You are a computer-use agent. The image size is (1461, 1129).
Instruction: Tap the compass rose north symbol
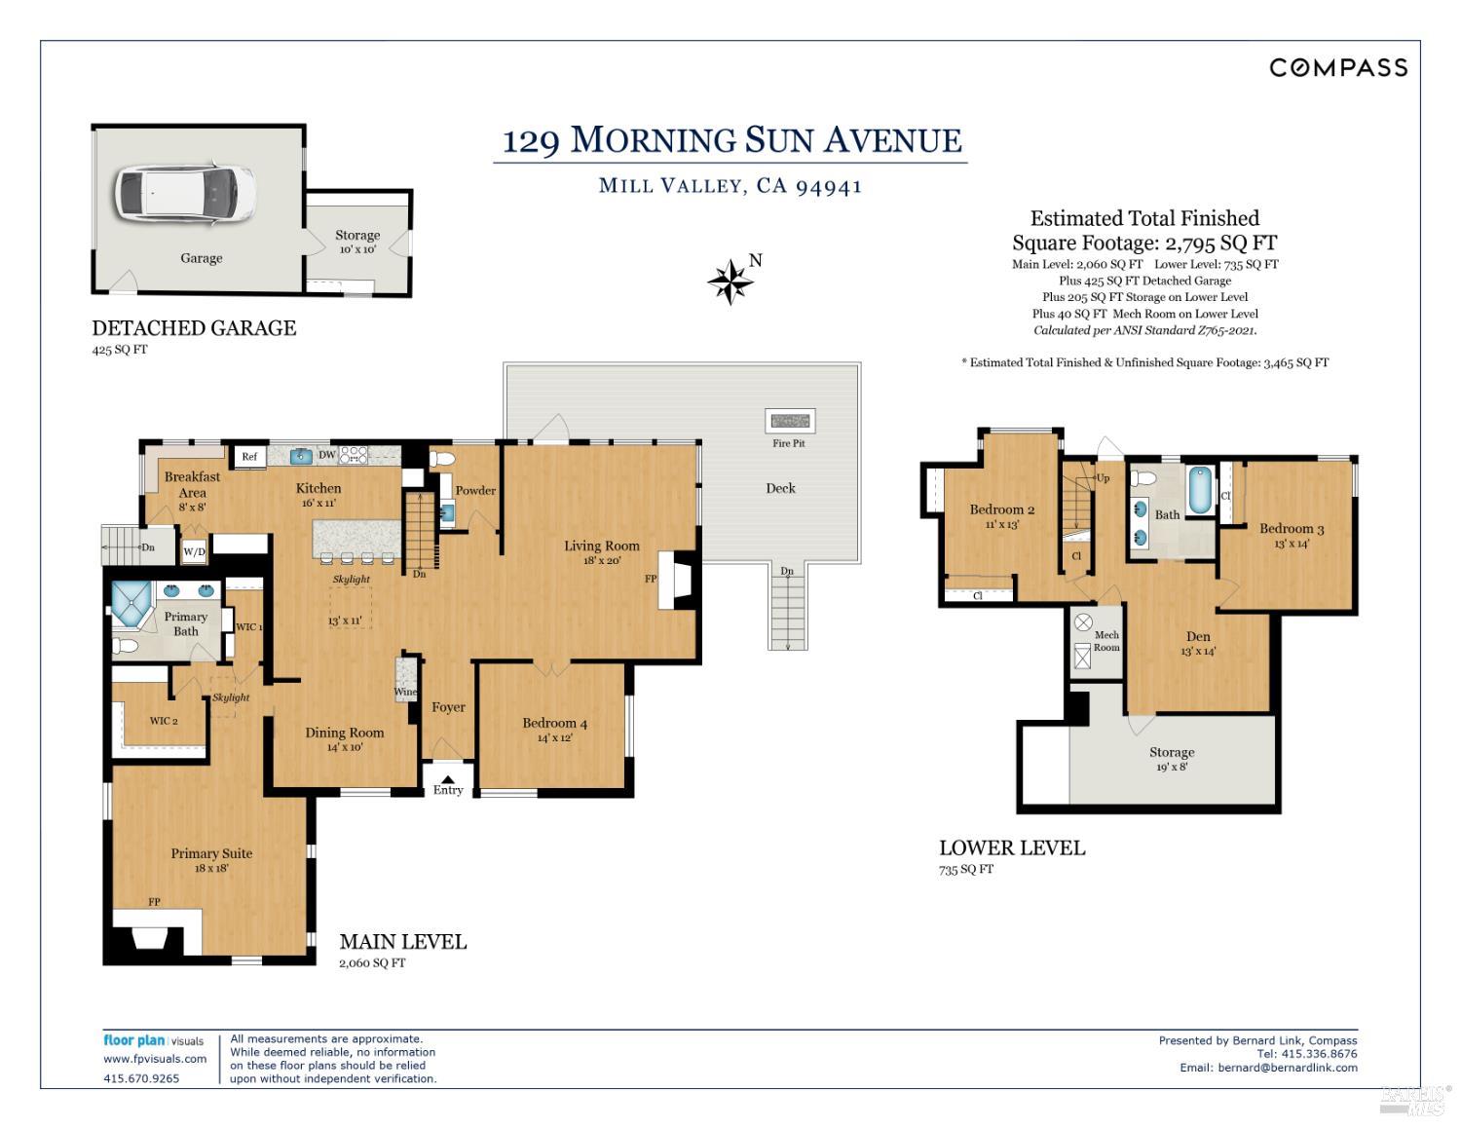tap(730, 282)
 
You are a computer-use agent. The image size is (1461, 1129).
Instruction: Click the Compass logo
tap(1338, 68)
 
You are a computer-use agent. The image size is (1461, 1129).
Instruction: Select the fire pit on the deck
tap(790, 421)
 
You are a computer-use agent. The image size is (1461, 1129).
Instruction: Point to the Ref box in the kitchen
tap(249, 456)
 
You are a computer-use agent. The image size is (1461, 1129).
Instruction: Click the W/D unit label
tap(194, 552)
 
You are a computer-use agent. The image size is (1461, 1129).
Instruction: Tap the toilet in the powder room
tap(442, 459)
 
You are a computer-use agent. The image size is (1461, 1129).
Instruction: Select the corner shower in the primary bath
tap(132, 603)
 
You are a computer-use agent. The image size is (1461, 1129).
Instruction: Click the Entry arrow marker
tap(448, 779)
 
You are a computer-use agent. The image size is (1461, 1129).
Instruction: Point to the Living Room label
tap(602, 546)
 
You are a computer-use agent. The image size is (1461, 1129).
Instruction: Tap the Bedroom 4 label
tap(554, 723)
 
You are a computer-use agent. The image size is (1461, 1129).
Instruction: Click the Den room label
tap(1198, 636)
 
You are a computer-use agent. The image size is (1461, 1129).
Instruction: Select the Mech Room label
tap(1106, 641)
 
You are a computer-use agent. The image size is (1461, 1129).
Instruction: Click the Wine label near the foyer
tap(405, 692)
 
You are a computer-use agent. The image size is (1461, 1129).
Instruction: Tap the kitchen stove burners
tap(353, 455)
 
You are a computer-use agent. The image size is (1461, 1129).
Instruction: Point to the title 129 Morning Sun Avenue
tap(731, 140)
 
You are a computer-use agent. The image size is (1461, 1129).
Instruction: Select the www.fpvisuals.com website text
tap(155, 1059)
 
